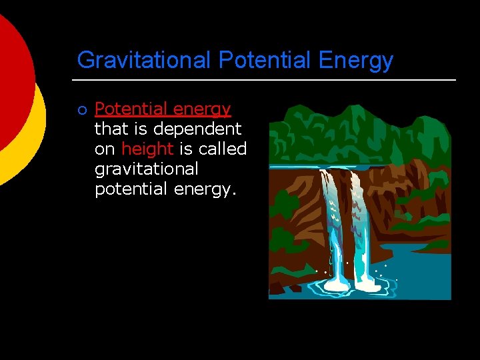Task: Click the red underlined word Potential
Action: pos(131,109)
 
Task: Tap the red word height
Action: pos(147,149)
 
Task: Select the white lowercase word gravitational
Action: pos(147,169)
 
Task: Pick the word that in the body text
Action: pos(110,129)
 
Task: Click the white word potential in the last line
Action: pos(131,189)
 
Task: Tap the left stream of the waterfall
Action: pos(332,227)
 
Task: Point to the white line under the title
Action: pos(267,80)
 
